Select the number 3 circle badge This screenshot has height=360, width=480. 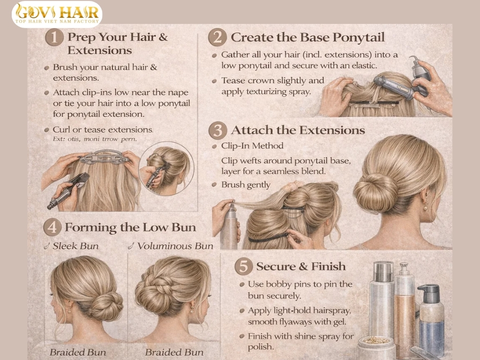pyautogui.click(x=217, y=131)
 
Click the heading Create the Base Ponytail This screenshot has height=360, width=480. pyautogui.click(x=307, y=37)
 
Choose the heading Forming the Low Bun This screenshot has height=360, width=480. pyautogui.click(x=130, y=228)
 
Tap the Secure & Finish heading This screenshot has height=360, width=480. pyautogui.click(x=300, y=267)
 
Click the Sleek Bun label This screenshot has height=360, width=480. pyautogui.click(x=75, y=246)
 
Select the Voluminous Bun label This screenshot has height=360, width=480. pyautogui.click(x=174, y=246)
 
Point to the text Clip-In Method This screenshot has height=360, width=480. pyautogui.click(x=252, y=146)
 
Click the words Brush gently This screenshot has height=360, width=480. pyautogui.click(x=246, y=185)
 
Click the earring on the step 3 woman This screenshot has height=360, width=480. pyautogui.click(x=426, y=207)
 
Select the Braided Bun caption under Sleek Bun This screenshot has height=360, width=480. pyautogui.click(x=78, y=352)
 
